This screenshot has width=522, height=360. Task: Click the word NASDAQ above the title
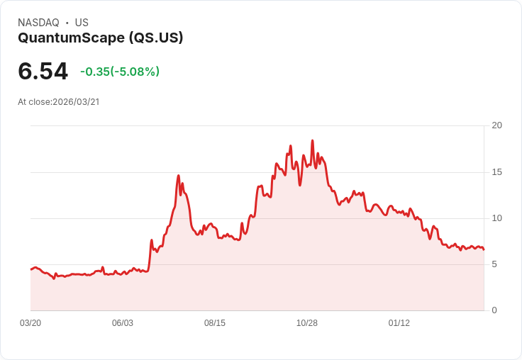(x=38, y=23)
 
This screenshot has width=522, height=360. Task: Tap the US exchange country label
(x=82, y=23)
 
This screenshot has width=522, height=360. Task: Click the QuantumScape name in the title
(x=71, y=38)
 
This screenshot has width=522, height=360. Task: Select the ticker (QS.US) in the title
(x=156, y=38)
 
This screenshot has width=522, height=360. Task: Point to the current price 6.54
(x=43, y=72)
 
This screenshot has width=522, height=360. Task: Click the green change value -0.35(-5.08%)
(x=120, y=72)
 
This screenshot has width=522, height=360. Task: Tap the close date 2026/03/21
(x=76, y=102)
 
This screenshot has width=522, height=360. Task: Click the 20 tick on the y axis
(x=496, y=125)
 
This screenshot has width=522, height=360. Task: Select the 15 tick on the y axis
(x=496, y=172)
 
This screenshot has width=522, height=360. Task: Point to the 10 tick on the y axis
(x=496, y=218)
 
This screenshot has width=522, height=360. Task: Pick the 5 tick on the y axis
(x=494, y=264)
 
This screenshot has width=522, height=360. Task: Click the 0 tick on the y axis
(x=494, y=310)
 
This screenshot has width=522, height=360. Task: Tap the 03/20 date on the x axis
(x=30, y=323)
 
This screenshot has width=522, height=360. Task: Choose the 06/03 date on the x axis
(x=123, y=323)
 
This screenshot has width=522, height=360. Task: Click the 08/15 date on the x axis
(x=215, y=323)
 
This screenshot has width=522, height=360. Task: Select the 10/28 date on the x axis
(x=307, y=323)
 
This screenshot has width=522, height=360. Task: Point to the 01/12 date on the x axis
(x=399, y=323)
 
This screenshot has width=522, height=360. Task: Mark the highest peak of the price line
(x=312, y=140)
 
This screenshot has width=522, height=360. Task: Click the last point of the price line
(x=484, y=249)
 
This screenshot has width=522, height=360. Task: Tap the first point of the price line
(x=31, y=269)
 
